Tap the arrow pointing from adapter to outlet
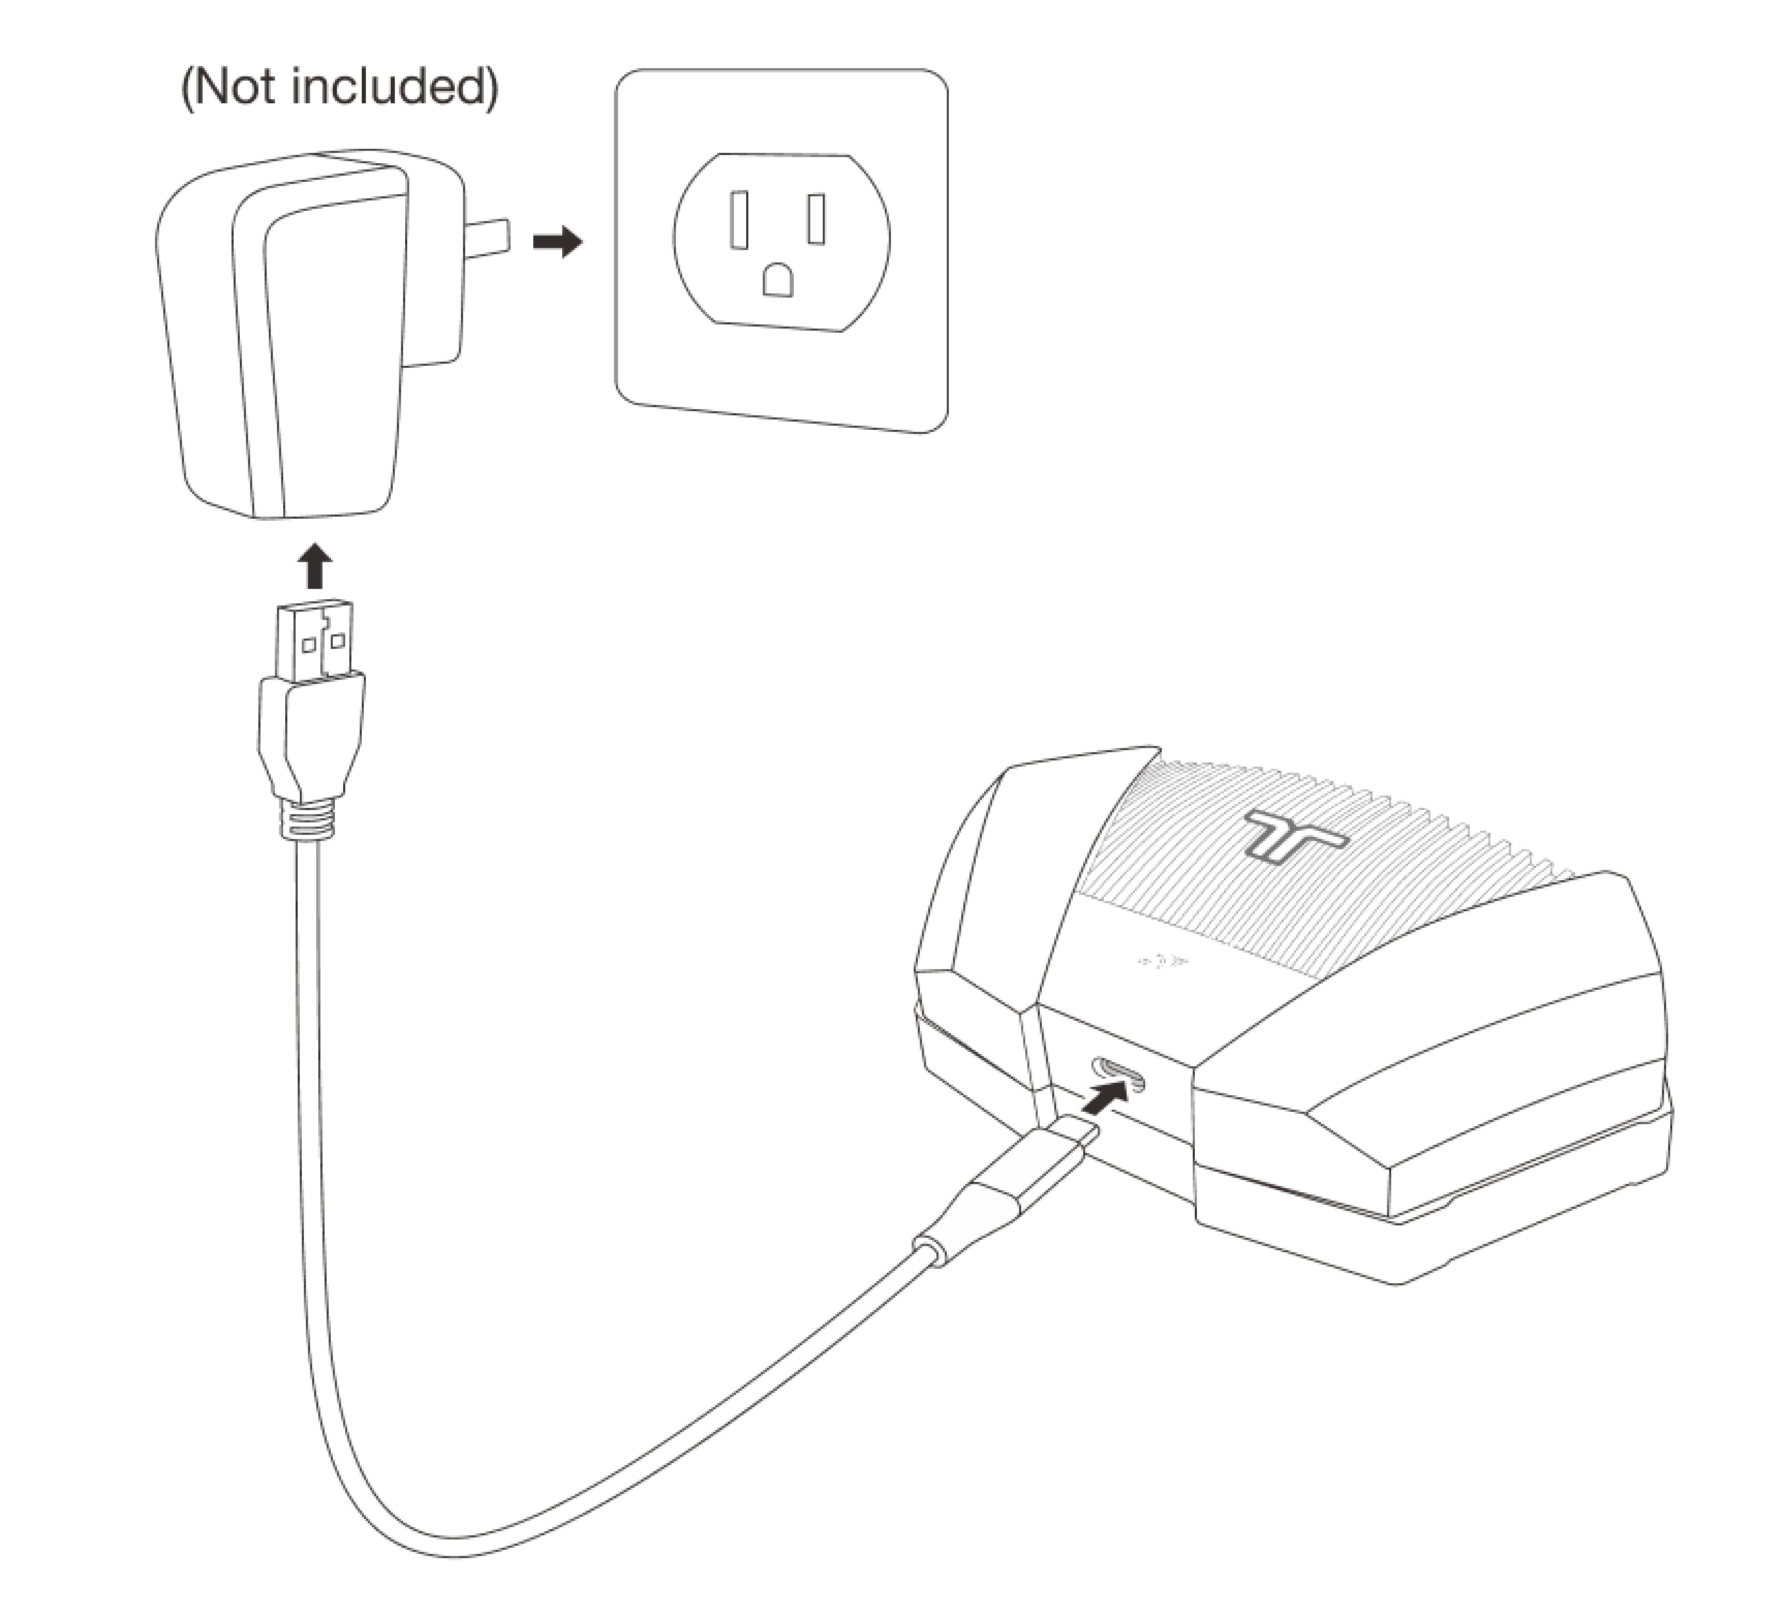[557, 241]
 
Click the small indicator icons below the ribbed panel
[1163, 962]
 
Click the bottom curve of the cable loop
[460, 1551]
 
